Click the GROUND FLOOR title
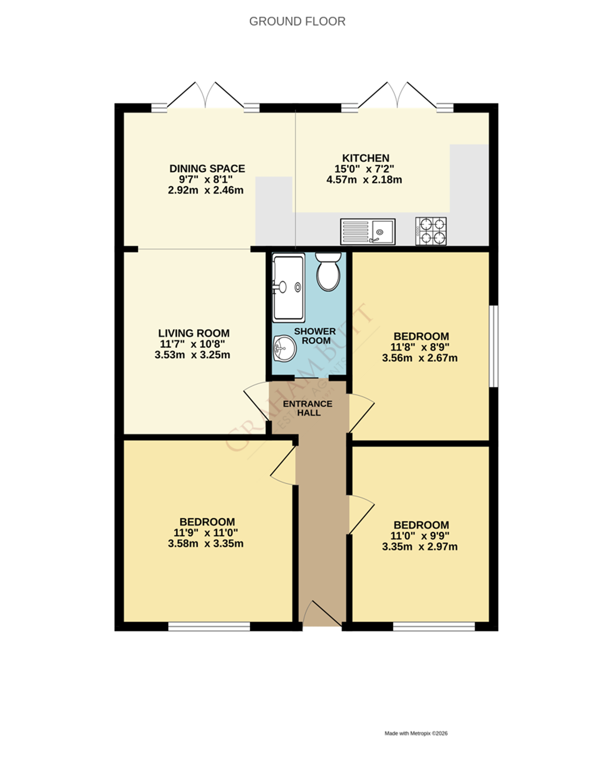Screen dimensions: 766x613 coord(297,21)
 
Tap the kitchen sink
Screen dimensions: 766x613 coord(368,232)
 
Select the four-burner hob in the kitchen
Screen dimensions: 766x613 coord(431,231)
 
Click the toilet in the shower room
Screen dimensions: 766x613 coord(328,272)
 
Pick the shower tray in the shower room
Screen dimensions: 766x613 coord(289,287)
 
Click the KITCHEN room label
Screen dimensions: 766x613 coord(366,158)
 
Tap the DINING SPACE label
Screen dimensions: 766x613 coord(207,169)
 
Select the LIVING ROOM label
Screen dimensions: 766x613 coord(194,333)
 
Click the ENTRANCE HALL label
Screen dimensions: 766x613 coord(308,408)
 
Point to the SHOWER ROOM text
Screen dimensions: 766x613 coord(315,336)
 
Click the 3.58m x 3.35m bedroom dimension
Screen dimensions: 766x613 coord(205,544)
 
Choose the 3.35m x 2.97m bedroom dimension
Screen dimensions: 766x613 coord(419,547)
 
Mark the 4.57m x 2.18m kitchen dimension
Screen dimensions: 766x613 coord(364,180)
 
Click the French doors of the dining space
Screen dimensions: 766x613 coord(205,97)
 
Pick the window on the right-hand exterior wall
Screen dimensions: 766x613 coord(493,346)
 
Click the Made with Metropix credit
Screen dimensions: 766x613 coord(416,733)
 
